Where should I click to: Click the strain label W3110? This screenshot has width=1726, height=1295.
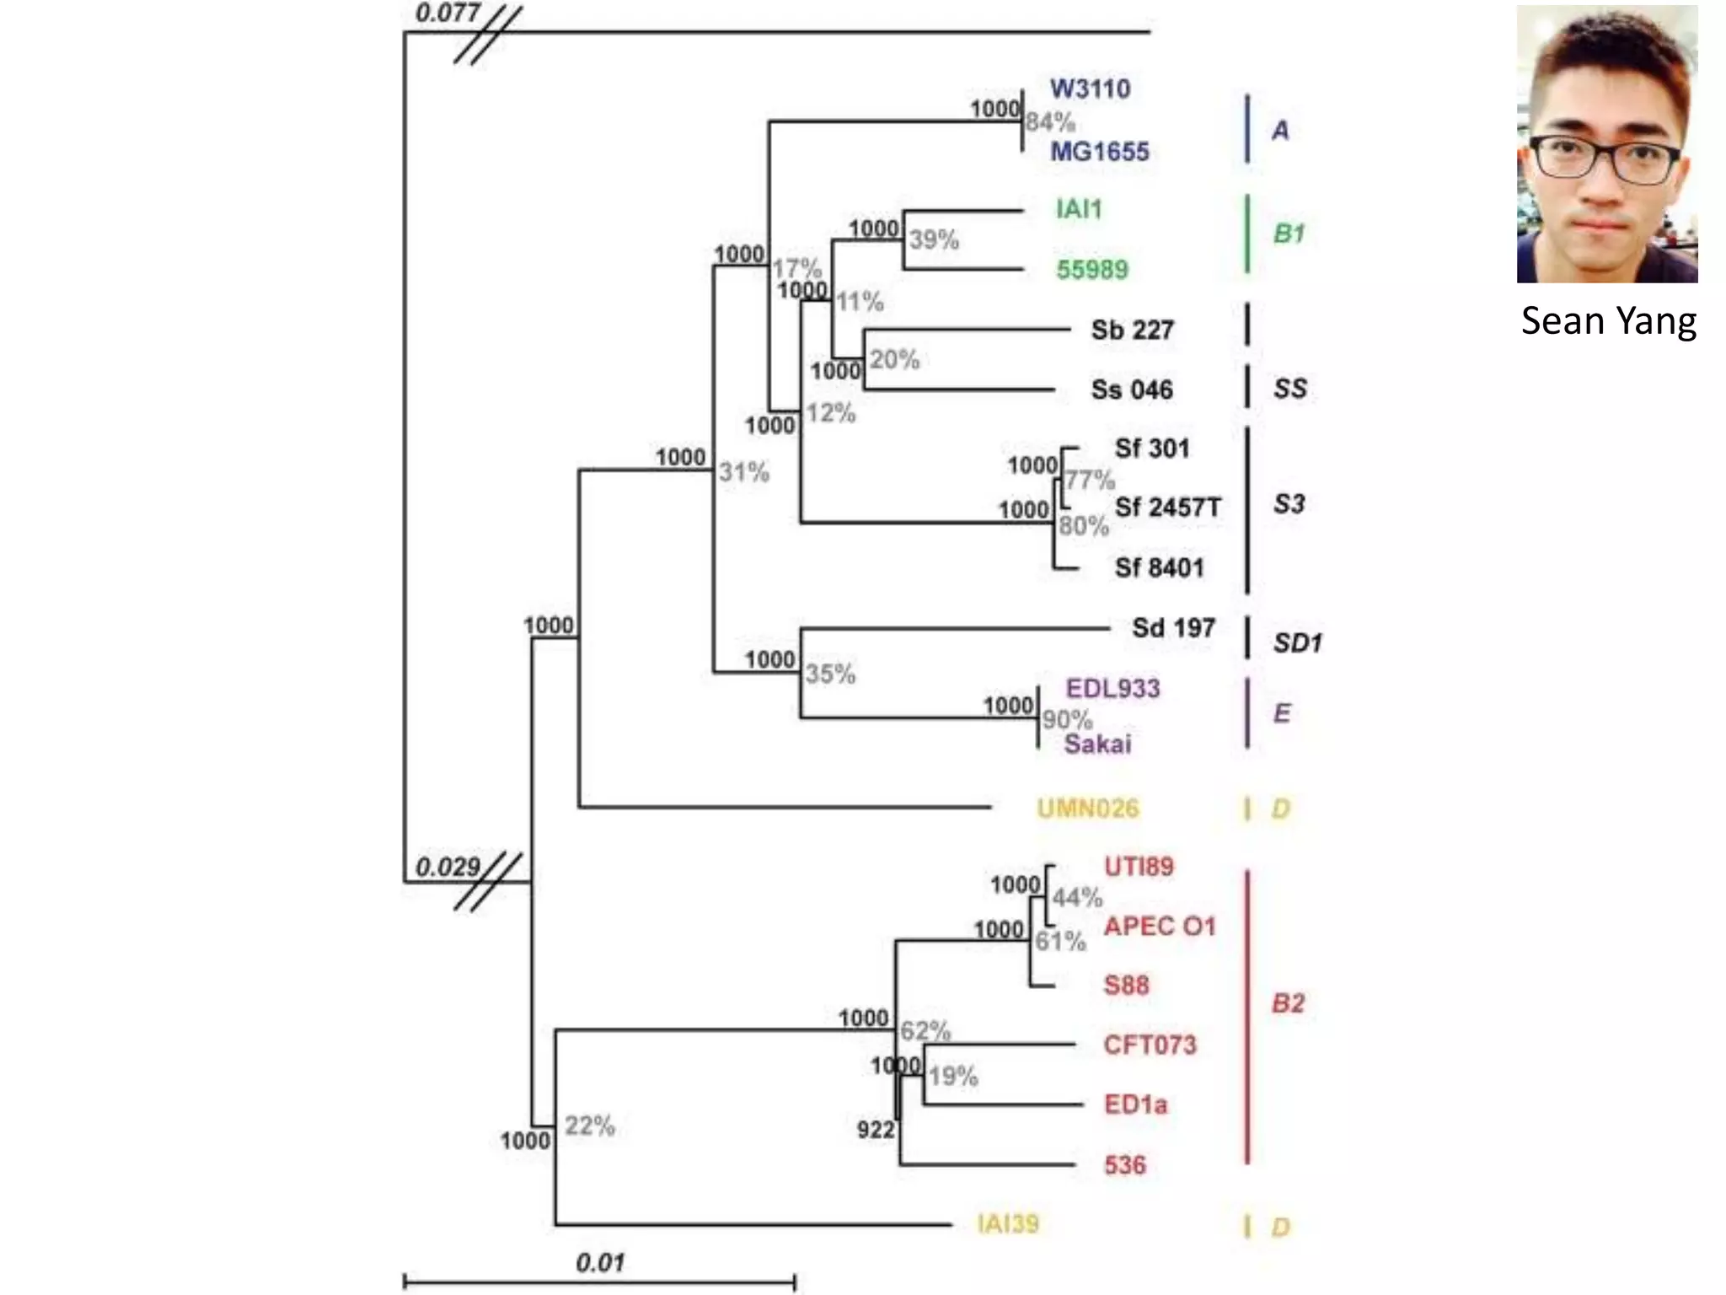pyautogui.click(x=1090, y=89)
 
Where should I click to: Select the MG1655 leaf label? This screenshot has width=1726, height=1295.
pyautogui.click(x=1099, y=152)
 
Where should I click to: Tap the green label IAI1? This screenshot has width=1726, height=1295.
pyautogui.click(x=1079, y=209)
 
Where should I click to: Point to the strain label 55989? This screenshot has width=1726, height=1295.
pyautogui.click(x=1092, y=270)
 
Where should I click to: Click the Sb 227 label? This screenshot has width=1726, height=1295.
pyautogui.click(x=1132, y=330)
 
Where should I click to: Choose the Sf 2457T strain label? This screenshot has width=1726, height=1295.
pyautogui.click(x=1167, y=508)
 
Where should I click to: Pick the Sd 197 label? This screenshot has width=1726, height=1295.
pyautogui.click(x=1173, y=628)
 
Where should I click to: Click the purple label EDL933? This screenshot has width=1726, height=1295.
pyautogui.click(x=1112, y=689)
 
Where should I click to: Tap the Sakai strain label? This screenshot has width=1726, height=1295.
pyautogui.click(x=1097, y=744)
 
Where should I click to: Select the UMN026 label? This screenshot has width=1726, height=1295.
pyautogui.click(x=1087, y=809)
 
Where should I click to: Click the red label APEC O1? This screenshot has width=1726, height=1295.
pyautogui.click(x=1160, y=927)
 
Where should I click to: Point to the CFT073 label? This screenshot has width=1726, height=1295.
pyautogui.click(x=1150, y=1045)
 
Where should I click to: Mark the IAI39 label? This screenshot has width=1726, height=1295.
pyautogui.click(x=1008, y=1223)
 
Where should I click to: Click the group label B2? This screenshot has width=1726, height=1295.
pyautogui.click(x=1288, y=1003)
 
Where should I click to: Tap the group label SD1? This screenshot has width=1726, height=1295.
pyautogui.click(x=1297, y=644)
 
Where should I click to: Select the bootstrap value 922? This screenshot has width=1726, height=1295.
pyautogui.click(x=876, y=1130)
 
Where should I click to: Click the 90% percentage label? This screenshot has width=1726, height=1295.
pyautogui.click(x=1067, y=719)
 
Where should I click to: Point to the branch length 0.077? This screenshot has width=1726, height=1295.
pyautogui.click(x=448, y=13)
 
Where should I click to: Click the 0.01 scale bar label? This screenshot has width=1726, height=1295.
pyautogui.click(x=600, y=1263)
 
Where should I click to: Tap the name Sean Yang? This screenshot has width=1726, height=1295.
pyautogui.click(x=1608, y=321)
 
